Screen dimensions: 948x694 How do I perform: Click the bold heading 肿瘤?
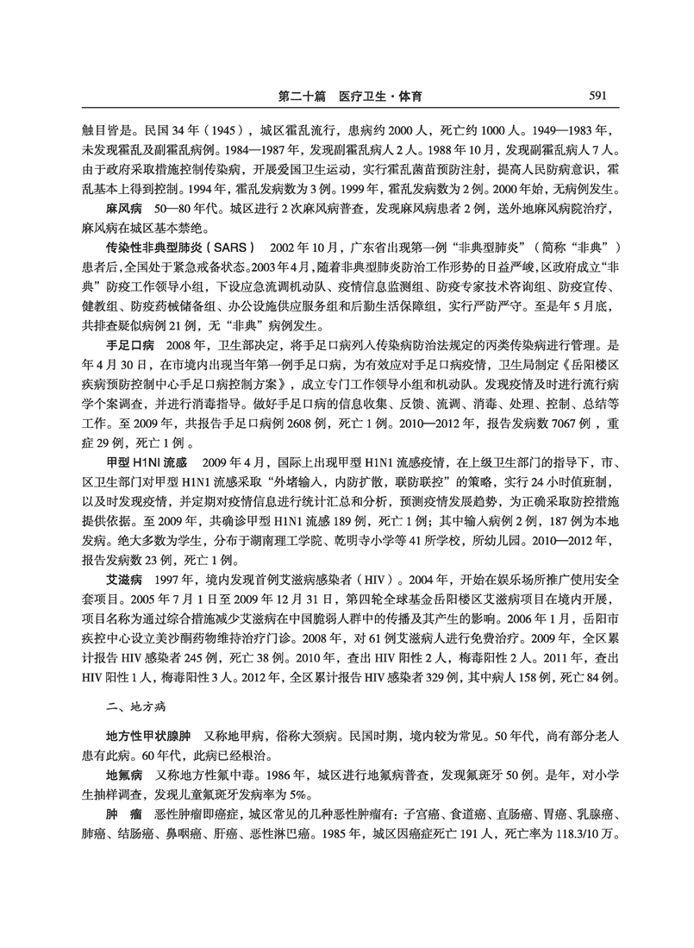[x=123, y=815]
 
